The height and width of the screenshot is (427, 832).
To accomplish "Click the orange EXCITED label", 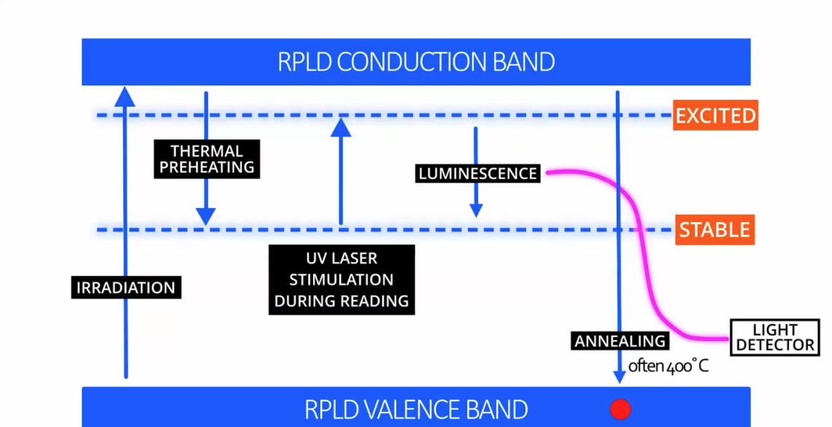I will click(x=714, y=116).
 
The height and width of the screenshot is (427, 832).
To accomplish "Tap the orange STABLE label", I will click(x=714, y=230).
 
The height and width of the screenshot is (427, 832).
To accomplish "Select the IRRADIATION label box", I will click(x=126, y=287).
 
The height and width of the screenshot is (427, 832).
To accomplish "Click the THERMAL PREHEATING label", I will click(x=207, y=159).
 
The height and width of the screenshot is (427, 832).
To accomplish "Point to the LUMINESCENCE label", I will click(x=478, y=174).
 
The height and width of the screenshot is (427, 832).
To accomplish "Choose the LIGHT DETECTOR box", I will click(x=774, y=337).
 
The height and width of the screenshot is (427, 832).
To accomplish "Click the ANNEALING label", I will click(x=620, y=341).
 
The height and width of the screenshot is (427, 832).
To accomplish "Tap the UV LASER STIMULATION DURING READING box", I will click(x=341, y=280).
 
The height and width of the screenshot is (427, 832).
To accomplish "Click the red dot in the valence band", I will click(x=620, y=409).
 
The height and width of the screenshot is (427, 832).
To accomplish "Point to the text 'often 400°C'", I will click(x=669, y=366).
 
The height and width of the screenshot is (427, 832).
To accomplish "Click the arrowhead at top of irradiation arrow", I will click(x=126, y=95).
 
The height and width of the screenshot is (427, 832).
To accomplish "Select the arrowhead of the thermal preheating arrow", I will click(x=206, y=217).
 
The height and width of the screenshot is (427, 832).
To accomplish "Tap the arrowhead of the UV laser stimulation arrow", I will click(x=341, y=128).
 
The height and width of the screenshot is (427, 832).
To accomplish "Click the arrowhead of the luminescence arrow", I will click(x=476, y=210).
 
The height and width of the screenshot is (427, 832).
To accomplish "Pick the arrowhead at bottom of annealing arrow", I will click(x=620, y=377).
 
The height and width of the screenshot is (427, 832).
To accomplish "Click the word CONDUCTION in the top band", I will click(x=409, y=62).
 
